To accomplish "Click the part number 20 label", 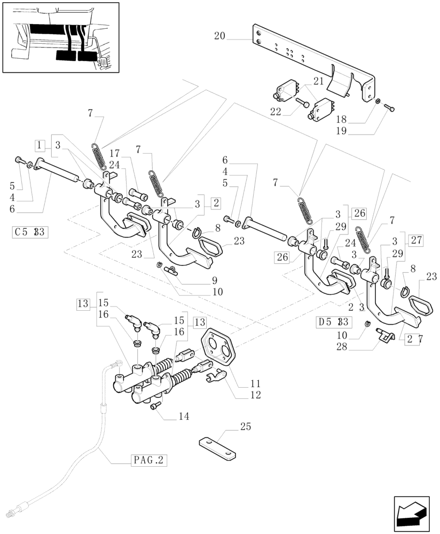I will [219, 37].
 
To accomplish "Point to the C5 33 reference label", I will [30, 232].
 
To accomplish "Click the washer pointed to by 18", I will [378, 101].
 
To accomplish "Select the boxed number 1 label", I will [40, 145].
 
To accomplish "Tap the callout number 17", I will [129, 153].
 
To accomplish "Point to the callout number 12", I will [255, 396].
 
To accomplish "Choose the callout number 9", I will [199, 279].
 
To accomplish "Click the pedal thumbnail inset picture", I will [60, 37].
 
